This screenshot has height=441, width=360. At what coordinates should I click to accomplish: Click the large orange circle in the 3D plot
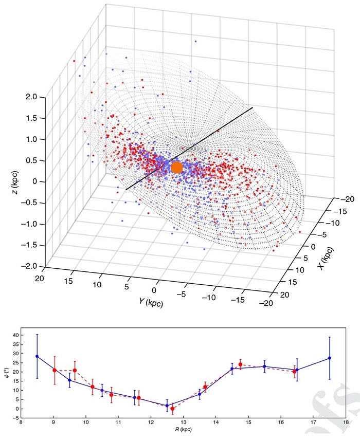click(177, 168)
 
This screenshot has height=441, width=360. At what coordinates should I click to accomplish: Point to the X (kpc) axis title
click(326, 259)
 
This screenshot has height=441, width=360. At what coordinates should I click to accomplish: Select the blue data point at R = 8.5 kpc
click(37, 356)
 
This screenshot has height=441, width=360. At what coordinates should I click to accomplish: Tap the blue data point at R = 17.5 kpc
click(330, 358)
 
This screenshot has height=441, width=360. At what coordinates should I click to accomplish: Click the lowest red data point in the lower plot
click(173, 409)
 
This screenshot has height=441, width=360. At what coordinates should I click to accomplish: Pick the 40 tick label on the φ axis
click(15, 335)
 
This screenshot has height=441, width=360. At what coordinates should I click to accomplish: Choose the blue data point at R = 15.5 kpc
click(264, 366)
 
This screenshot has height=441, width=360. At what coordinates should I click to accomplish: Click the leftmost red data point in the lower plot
click(54, 370)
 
